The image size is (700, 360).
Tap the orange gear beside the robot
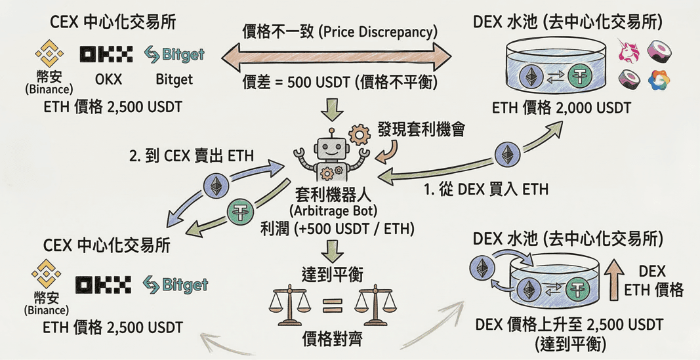359,135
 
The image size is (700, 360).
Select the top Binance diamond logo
49,54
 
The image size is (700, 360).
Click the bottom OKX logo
103,285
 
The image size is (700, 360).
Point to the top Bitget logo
174,54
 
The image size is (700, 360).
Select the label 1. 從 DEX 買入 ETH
485,190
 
